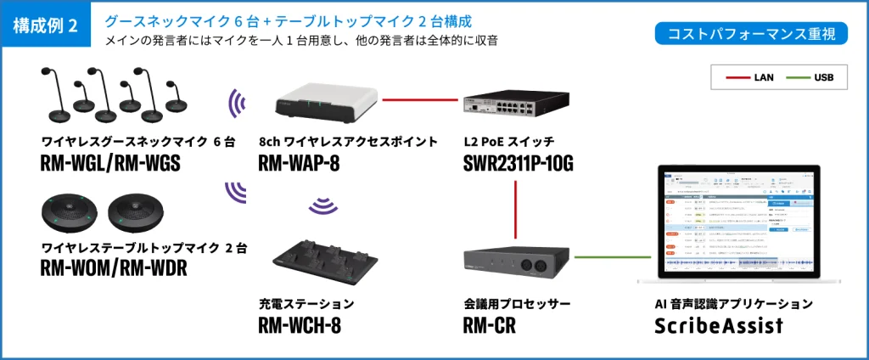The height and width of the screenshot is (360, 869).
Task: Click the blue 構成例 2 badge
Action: (x=46, y=25)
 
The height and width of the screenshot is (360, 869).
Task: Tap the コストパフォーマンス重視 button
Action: (x=746, y=34)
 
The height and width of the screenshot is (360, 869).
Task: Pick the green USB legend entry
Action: (x=810, y=77)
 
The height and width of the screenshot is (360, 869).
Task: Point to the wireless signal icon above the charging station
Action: (x=321, y=206)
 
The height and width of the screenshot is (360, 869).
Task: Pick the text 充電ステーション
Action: (x=306, y=303)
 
